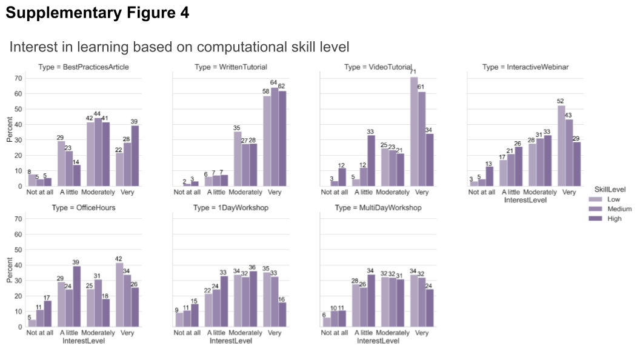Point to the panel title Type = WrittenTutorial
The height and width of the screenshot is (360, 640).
(231, 67)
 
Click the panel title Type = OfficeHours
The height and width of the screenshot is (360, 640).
(84, 208)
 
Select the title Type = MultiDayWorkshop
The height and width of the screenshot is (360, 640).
(378, 208)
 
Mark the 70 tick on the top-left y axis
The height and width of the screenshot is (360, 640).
(19, 78)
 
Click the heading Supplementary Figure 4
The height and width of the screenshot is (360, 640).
(98, 13)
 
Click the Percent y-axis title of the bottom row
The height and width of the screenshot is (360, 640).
(9, 272)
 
